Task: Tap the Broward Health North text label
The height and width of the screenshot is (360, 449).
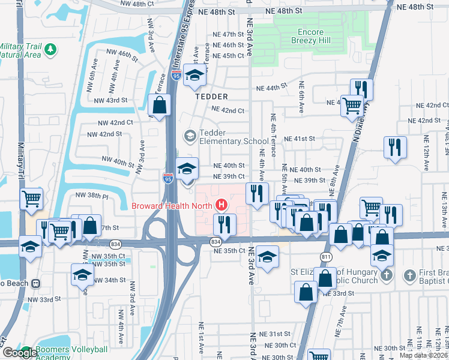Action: click(173, 206)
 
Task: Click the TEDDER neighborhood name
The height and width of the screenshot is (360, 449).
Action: click(211, 96)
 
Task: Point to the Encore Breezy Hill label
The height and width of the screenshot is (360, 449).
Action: click(310, 37)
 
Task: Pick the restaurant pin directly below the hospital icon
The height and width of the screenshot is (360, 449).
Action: click(224, 224)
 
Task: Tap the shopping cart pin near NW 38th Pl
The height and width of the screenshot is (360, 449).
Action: click(32, 199)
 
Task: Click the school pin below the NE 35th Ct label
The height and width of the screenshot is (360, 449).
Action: click(267, 256)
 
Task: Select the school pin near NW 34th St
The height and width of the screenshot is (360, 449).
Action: click(82, 274)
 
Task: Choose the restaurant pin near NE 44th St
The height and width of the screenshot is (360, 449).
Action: click(361, 89)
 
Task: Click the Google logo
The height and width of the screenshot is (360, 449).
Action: click(19, 353)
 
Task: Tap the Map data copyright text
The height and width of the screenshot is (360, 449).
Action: click(424, 355)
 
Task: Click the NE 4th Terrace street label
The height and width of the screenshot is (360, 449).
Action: click(273, 133)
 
